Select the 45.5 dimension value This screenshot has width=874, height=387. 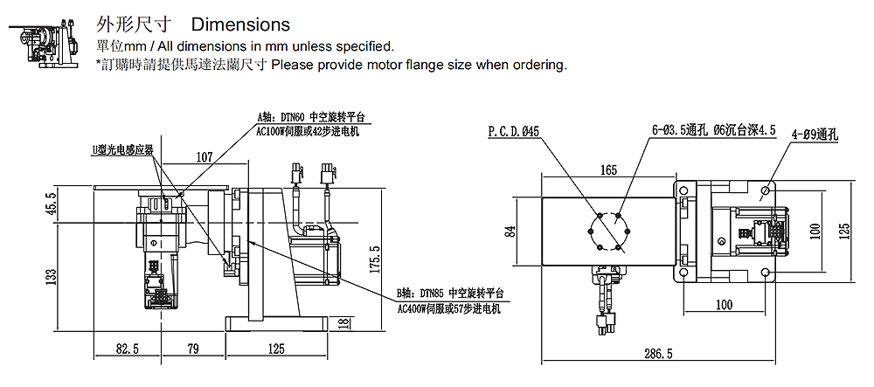coord(51,204)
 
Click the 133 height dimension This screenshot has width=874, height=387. coord(51,278)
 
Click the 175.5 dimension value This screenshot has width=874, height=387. coord(375,259)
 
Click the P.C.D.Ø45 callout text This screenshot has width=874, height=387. coord(514,132)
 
